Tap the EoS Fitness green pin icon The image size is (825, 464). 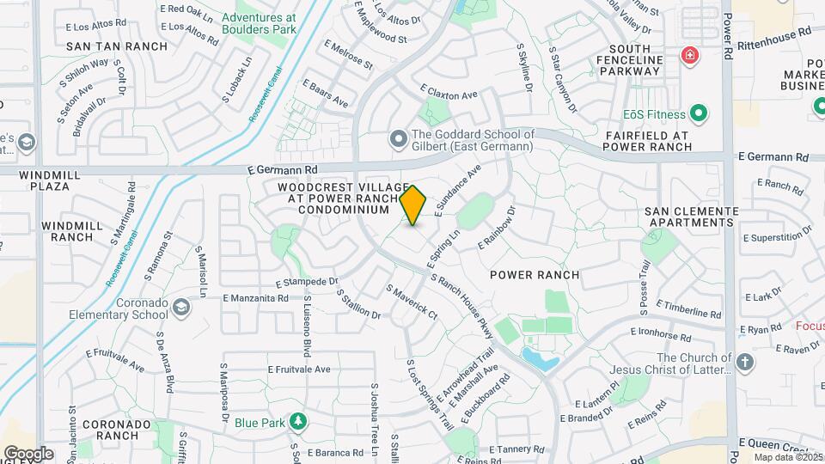tap(700, 113)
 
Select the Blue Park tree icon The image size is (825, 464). tap(298, 422)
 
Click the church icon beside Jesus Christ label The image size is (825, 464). tap(744, 363)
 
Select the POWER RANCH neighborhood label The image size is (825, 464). tap(534, 275)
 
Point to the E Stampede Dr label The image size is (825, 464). tap(307, 281)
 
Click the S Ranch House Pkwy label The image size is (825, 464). tap(461, 300)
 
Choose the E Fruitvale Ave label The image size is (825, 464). tap(298, 369)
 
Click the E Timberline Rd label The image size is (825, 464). tap(687, 309)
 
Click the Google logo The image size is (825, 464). tap(28, 453)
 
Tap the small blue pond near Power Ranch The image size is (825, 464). tap(539, 359)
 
